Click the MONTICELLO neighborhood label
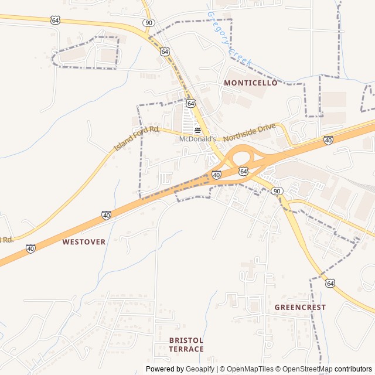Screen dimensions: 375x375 [x=250, y=83]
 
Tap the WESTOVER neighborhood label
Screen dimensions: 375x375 [x=84, y=241]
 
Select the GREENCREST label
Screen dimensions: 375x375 [x=300, y=307]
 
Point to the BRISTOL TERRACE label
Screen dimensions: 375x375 [x=186, y=345]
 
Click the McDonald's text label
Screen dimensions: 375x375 [x=197, y=139]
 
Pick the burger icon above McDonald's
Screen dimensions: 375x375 [x=197, y=130]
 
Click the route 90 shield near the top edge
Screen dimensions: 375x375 [x=149, y=22]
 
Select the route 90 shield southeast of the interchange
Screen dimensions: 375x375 [x=277, y=191]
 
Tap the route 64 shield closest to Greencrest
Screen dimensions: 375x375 [x=330, y=283]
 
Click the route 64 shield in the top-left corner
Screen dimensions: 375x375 [x=55, y=20]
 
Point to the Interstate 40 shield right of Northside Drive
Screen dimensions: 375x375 [x=328, y=140]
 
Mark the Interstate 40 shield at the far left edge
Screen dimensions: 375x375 [x=30, y=249]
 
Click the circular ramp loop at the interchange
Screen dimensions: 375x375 [x=240, y=158]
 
